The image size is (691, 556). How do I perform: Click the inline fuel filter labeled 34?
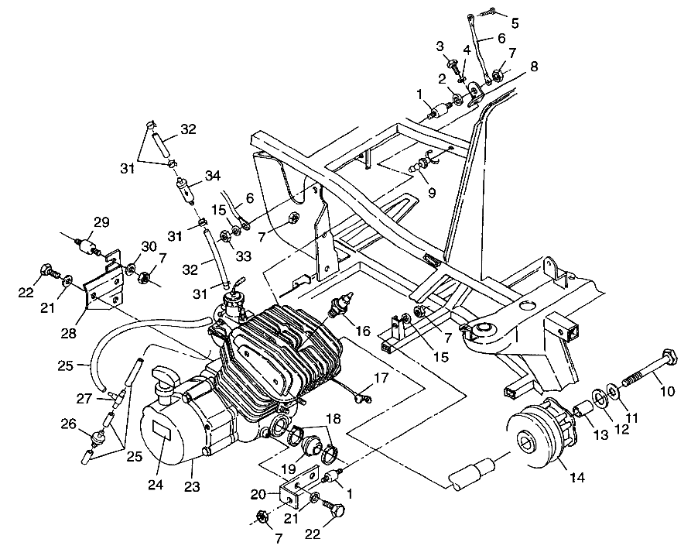(x=183, y=189)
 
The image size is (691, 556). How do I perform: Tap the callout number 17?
(x=380, y=379)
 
